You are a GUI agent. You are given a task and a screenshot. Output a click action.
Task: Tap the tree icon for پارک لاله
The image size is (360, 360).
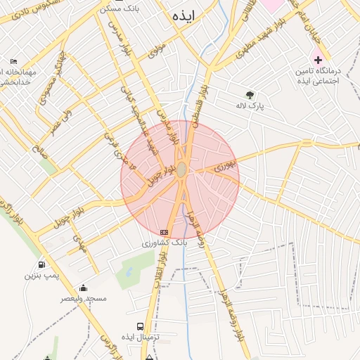click(250, 94)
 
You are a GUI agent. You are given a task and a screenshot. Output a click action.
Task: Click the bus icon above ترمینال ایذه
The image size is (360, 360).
click(141, 327)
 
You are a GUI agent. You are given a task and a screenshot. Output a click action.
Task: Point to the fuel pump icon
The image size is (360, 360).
click(43, 264)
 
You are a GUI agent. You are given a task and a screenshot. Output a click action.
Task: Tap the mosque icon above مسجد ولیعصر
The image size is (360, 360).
click(83, 288)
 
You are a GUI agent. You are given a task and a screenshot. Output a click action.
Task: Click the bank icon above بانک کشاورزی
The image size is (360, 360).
click(165, 232)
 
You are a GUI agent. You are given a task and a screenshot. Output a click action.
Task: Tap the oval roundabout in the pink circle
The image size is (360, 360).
click(181, 169)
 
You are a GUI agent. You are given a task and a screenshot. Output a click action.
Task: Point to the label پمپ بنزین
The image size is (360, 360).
click(40, 275)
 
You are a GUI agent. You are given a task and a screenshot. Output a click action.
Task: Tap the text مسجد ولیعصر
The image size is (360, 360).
click(83, 298)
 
